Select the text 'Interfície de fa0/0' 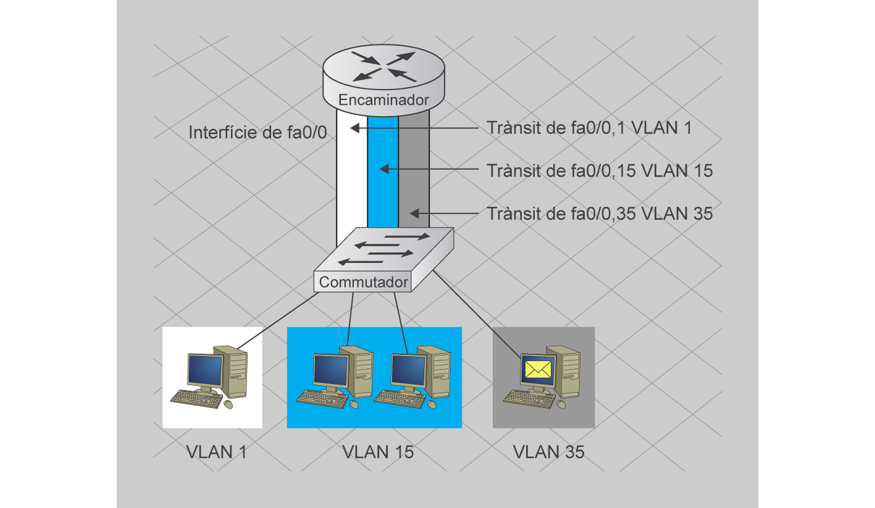(257, 132)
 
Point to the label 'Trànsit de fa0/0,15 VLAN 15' (600, 170)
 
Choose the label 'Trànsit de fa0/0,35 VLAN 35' (600, 214)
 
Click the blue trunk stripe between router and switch (383, 185)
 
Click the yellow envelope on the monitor (538, 369)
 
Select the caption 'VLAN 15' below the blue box (378, 452)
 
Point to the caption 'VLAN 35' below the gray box (548, 452)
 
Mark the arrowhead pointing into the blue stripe (383, 169)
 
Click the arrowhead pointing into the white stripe (354, 128)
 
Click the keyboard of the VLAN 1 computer (196, 399)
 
